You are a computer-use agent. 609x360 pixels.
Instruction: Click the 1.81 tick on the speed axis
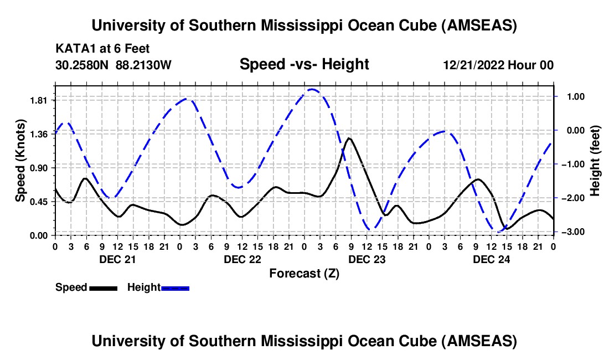[x=38, y=100]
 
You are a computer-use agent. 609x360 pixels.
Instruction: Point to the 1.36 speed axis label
[x=38, y=134]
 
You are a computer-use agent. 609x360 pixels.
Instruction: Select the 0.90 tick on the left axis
[x=38, y=168]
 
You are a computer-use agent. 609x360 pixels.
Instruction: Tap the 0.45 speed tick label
[x=38, y=202]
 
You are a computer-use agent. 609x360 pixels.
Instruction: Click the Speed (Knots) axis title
[x=20, y=161]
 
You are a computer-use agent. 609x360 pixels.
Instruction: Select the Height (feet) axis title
[x=595, y=161]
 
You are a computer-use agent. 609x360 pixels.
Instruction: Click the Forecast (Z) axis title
[x=304, y=273]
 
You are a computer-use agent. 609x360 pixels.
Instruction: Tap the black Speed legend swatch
[x=103, y=288]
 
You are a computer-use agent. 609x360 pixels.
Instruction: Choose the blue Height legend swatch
[x=176, y=288]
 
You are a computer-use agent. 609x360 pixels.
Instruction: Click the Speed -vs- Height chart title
[x=304, y=64]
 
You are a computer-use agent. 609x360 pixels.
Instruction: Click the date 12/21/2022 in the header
[x=473, y=65]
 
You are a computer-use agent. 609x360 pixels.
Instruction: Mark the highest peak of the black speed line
[x=348, y=138]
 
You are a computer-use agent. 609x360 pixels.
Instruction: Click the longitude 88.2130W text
[x=144, y=65]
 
